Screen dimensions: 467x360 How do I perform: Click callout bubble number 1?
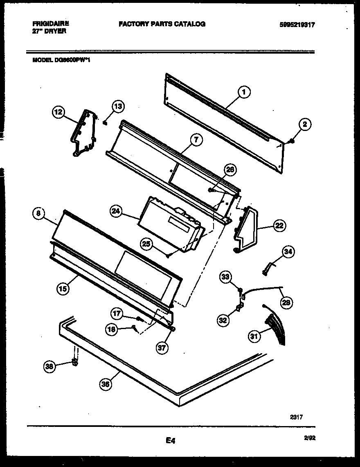pos(244,92)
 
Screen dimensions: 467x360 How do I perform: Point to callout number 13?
pos(118,107)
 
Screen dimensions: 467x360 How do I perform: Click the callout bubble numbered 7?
pos(196,140)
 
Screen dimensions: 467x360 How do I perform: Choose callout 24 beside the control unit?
pos(116,211)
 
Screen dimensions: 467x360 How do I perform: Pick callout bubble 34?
pos(288,252)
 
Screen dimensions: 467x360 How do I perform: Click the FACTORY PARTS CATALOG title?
pos(162,24)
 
